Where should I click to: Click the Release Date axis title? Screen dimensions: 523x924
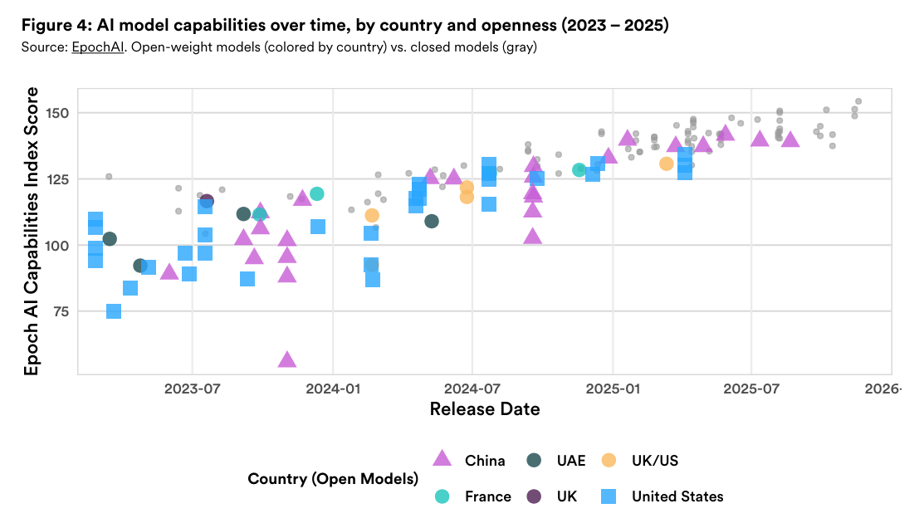[484, 408]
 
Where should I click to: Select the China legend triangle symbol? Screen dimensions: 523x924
[443, 458]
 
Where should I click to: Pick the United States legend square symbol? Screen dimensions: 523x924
[609, 496]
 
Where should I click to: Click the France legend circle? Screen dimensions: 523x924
[443, 496]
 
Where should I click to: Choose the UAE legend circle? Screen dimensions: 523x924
[535, 460]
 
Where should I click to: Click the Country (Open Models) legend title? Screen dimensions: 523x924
[332, 478]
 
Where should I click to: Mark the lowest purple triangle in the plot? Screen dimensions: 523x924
[287, 359]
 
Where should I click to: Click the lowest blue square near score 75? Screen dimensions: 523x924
[114, 311]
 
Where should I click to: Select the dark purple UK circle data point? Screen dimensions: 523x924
[207, 201]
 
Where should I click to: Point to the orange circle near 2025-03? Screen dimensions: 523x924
[666, 164]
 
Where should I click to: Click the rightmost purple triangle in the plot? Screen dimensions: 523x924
[790, 139]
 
